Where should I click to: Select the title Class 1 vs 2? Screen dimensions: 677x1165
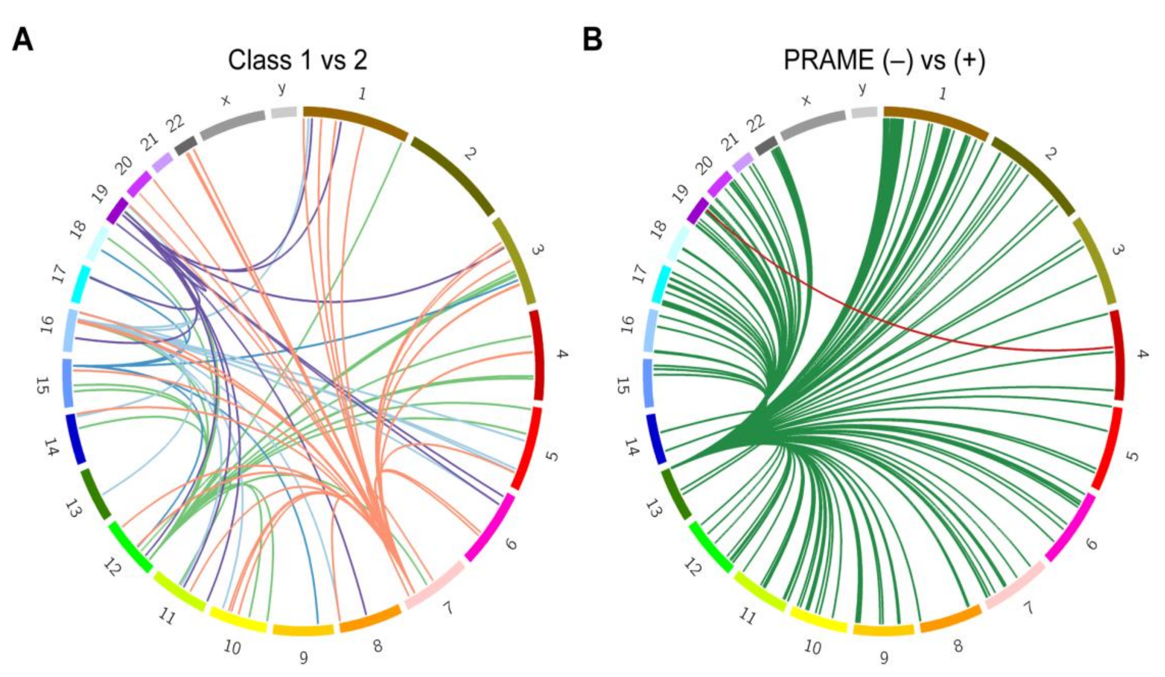point(298,60)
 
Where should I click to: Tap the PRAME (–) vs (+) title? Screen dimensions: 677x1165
point(884,60)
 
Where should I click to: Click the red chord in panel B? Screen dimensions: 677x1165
point(878,319)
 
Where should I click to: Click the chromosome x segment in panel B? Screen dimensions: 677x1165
point(812,124)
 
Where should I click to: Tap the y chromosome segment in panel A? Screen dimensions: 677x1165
point(283,112)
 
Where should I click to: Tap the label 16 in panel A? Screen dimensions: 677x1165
point(46,325)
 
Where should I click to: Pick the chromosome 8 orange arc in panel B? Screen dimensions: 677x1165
point(950,624)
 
